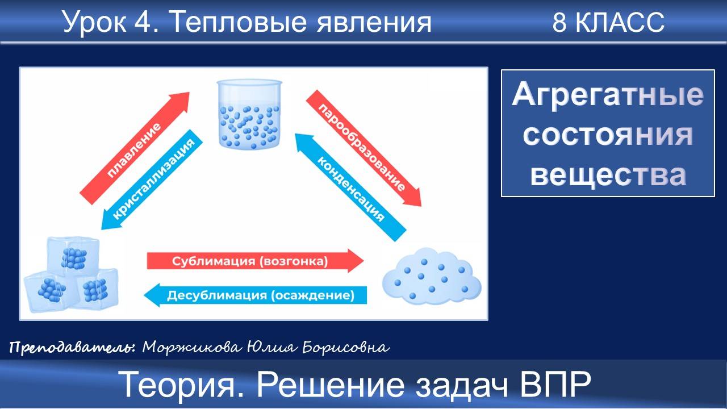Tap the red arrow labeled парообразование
pos(363,147)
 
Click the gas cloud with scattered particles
pos(432,277)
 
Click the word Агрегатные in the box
pos(608,95)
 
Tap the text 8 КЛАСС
pos(608,23)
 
